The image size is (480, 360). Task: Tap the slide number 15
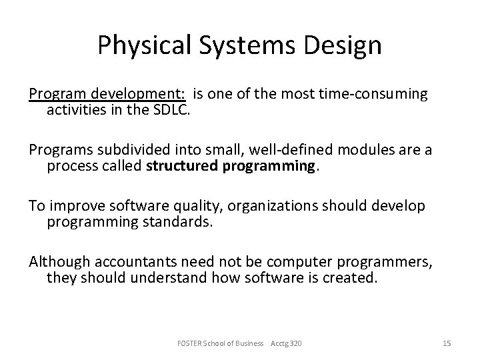[x=447, y=343]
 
